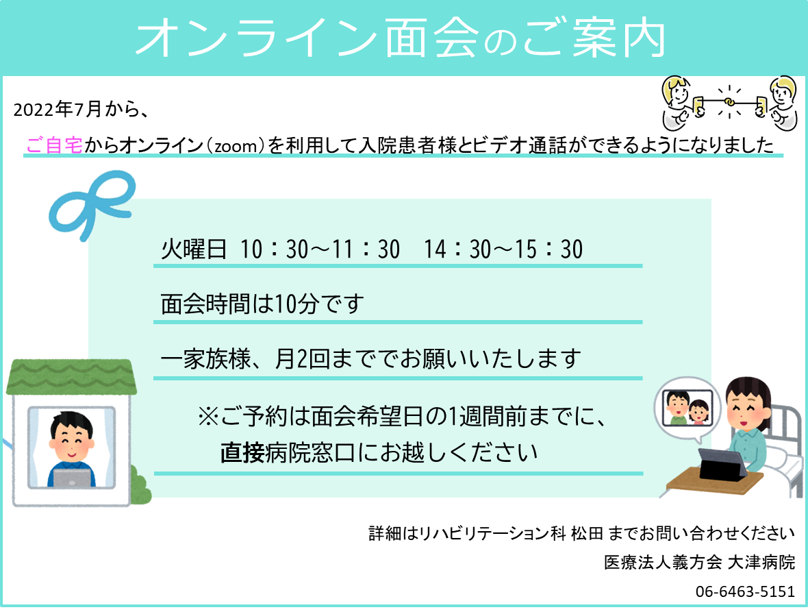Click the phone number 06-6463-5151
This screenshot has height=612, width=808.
point(745,591)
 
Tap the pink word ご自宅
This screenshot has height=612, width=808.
point(54,145)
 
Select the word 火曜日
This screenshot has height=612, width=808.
point(193,249)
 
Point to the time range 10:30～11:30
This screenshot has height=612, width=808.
point(320,249)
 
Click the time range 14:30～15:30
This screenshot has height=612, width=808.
point(503,249)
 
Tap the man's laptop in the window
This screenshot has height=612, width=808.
point(71,478)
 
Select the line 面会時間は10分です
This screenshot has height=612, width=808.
point(261,304)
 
